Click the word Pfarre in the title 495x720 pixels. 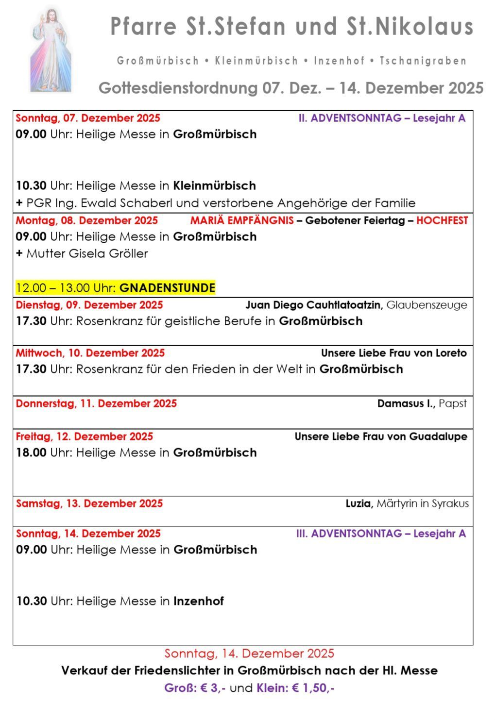tap(143, 27)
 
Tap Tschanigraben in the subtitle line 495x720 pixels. tap(423, 61)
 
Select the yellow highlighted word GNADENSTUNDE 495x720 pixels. tap(167, 288)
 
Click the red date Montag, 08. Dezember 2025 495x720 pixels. tap(86, 220)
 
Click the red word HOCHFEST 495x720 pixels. tap(442, 220)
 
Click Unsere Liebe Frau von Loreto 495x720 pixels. tap(393, 353)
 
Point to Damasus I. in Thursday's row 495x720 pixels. tap(406, 403)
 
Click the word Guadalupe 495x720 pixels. tap(438, 436)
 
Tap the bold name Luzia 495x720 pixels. tap(359, 503)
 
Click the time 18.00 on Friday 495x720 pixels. tap(31, 452)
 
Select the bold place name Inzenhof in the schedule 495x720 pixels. tap(198, 601)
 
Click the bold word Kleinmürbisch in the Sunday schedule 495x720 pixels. tap(214, 185)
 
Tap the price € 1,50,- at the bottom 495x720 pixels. tap(313, 688)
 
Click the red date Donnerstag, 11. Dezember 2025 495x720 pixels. tap(96, 403)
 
